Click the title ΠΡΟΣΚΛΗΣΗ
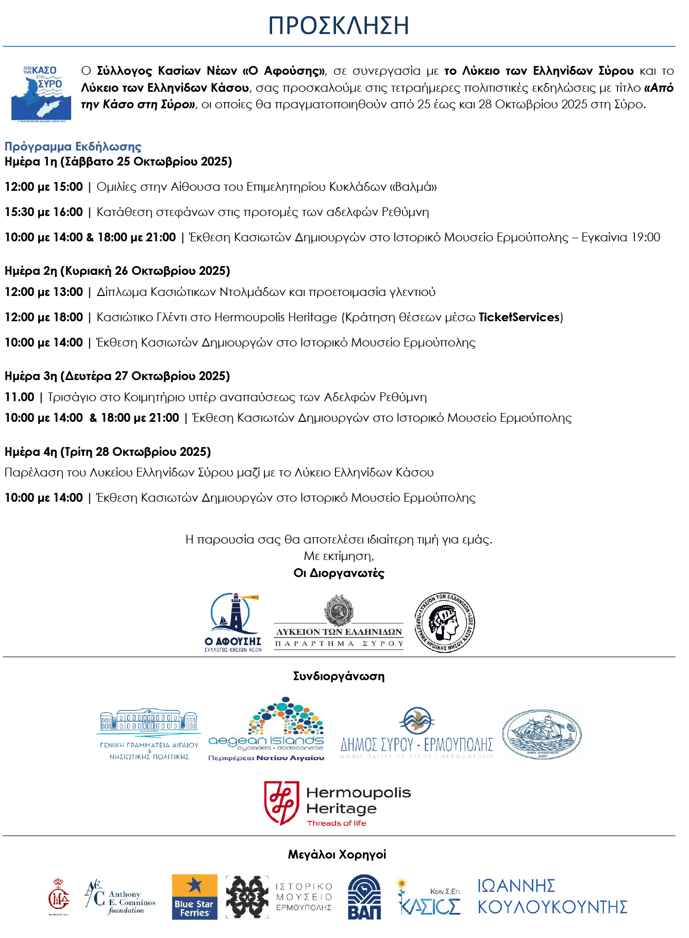pos(339,25)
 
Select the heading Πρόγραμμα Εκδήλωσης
pos(73,146)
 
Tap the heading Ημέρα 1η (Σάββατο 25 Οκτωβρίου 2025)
pos(118,161)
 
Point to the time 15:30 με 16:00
pos(44,212)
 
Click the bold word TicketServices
pos(519,317)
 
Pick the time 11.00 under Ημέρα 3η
pos(20,397)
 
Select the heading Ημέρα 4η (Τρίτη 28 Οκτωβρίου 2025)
pos(108,452)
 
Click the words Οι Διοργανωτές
pos(339,573)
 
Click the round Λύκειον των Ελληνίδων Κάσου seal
pos(445,622)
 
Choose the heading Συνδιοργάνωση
pos(339,676)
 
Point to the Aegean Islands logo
pos(266,729)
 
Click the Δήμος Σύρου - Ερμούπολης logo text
pos(416,745)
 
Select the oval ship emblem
pos(542,734)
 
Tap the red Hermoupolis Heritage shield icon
pos(281,803)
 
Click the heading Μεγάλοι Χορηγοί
pos(337,854)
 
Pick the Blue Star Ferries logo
pos(194,897)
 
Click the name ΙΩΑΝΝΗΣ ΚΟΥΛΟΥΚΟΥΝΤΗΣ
pos(552,897)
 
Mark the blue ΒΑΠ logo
pos(364,897)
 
